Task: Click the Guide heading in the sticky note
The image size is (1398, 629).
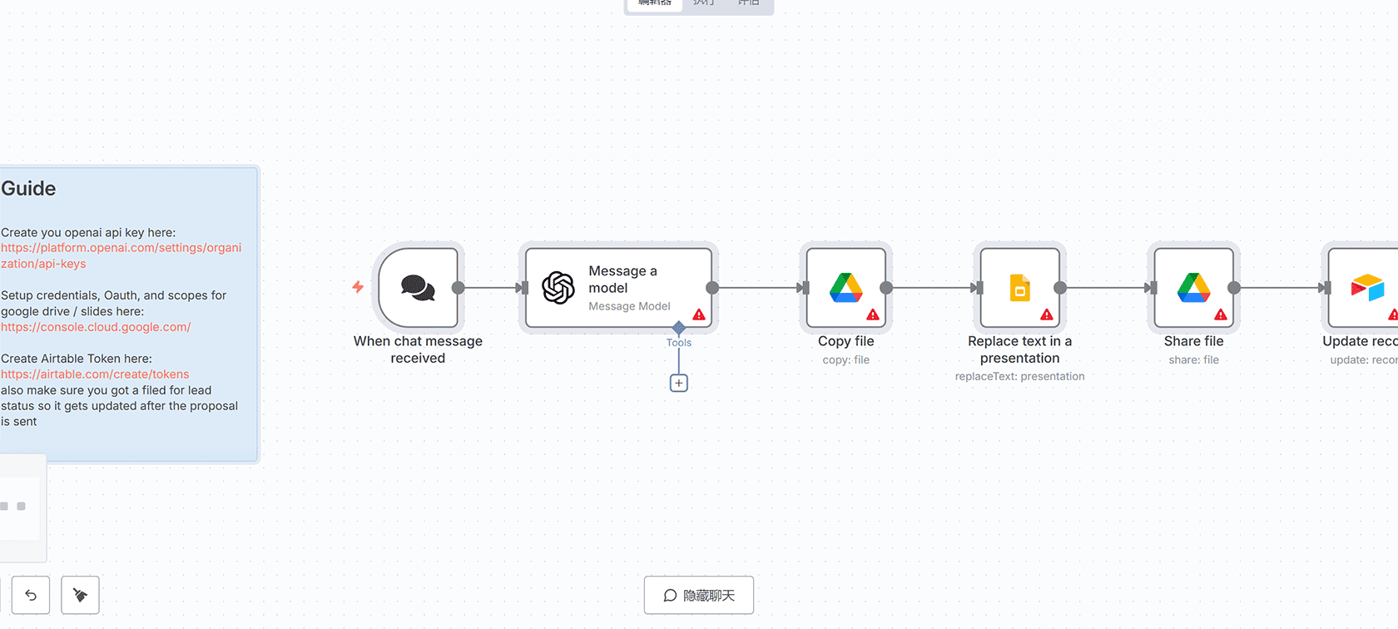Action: point(28,189)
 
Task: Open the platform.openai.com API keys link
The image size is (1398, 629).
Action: point(121,255)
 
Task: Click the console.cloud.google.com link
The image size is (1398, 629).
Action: point(96,327)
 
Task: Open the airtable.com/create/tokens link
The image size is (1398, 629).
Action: point(95,374)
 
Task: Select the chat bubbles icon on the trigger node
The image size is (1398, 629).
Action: point(418,288)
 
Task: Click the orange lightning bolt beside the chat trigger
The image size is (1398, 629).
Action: point(358,287)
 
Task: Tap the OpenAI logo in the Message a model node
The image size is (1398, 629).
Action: point(558,288)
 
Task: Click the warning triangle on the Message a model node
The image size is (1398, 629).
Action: point(699,314)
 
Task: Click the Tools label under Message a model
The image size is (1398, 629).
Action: point(679,343)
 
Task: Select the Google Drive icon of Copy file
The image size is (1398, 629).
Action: point(845,287)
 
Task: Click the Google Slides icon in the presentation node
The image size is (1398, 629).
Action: point(1019,288)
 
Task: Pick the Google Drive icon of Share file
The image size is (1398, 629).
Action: point(1193,287)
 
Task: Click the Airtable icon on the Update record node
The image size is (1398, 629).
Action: point(1367,287)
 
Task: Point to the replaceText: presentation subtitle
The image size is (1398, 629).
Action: point(1019,377)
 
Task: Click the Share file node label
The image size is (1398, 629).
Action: point(1193,341)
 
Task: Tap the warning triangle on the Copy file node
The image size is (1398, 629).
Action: point(873,314)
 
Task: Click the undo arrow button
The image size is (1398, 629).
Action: point(31,595)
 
